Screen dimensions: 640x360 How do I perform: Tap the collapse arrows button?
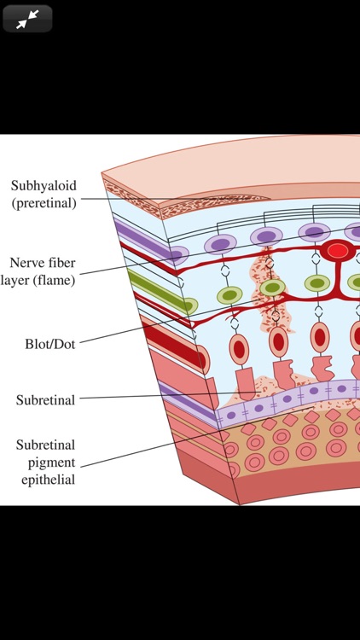pyautogui.click(x=27, y=19)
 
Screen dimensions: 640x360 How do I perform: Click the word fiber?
pyautogui.click(x=67, y=262)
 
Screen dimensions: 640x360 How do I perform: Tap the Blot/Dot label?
pyautogui.click(x=51, y=345)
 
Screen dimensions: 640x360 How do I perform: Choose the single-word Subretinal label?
pyautogui.click(x=45, y=399)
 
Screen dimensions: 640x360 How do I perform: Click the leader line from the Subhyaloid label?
pyautogui.click(x=154, y=199)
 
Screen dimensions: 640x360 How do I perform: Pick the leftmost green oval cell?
pyautogui.click(x=183, y=305)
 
